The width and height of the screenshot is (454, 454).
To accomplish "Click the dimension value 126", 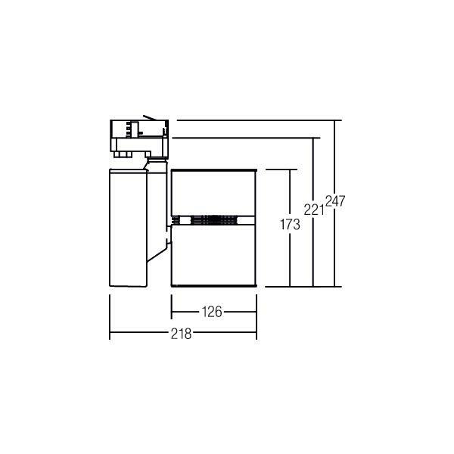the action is [x=212, y=312].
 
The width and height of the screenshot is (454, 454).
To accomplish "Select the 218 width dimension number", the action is [x=181, y=334].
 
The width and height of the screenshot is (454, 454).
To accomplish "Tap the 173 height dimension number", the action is [x=290, y=225].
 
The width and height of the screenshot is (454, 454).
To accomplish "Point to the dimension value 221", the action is [x=314, y=210].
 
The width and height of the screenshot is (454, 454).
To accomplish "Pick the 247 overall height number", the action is [x=335, y=201].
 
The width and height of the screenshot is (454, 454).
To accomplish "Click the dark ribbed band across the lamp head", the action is [x=213, y=220].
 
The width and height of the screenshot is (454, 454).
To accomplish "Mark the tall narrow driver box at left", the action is [x=129, y=228].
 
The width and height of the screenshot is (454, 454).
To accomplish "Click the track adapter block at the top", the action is [x=139, y=138].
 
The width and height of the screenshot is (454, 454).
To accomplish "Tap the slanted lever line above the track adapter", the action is [x=150, y=117].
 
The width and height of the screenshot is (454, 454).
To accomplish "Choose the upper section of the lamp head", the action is [x=213, y=192].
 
